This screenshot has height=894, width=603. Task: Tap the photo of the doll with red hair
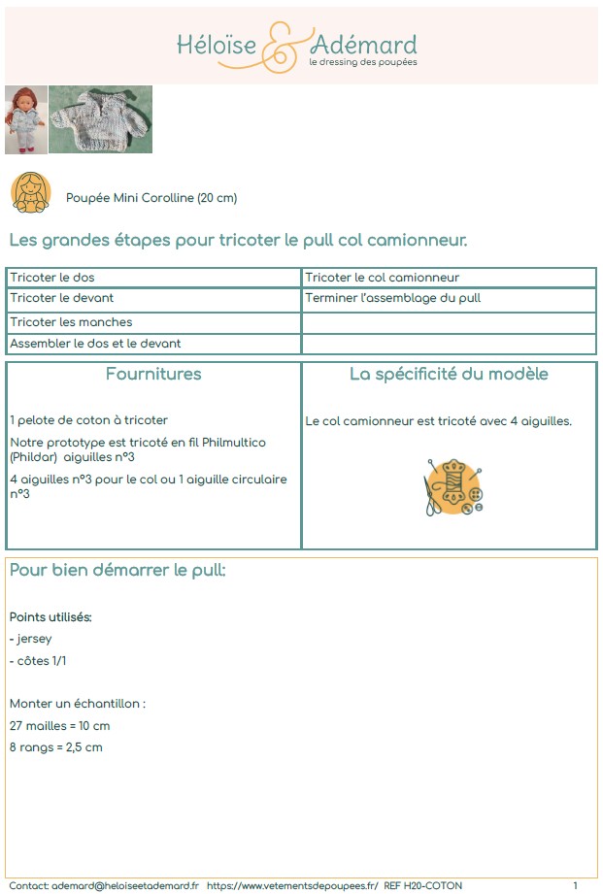coord(26,119)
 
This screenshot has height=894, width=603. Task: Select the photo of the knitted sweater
coord(100,119)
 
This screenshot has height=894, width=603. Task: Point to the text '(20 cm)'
coord(218,198)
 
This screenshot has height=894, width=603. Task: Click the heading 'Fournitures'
coord(153,374)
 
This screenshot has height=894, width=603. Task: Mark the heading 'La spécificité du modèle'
coord(449,374)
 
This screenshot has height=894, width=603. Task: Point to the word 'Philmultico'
coord(231,443)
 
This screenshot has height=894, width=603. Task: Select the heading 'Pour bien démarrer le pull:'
coord(117,570)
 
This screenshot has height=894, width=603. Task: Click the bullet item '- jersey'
coord(31,639)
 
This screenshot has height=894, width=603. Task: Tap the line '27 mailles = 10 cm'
coord(60,725)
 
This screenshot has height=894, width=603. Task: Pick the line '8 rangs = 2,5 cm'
coord(56,747)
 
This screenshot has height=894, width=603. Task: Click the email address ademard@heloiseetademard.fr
coord(125,885)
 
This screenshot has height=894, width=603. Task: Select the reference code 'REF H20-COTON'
coord(423,885)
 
